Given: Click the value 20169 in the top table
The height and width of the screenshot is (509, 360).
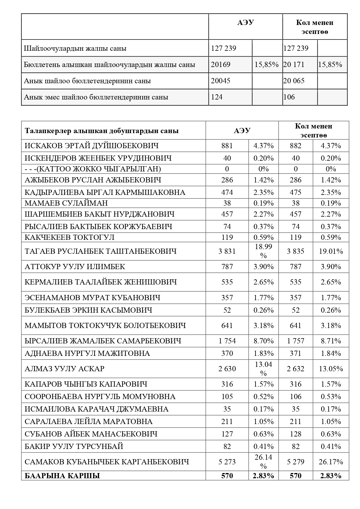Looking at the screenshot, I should [220, 64].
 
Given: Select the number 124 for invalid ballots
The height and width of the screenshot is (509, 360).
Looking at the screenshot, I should [217, 97].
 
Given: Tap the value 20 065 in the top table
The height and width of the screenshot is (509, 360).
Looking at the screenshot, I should [294, 81].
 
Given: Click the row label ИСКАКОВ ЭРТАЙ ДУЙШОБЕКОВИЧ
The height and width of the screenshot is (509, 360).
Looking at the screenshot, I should [92, 146].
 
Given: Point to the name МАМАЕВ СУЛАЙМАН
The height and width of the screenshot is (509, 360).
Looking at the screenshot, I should [66, 203].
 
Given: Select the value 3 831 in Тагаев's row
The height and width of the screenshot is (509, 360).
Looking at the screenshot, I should [227, 251].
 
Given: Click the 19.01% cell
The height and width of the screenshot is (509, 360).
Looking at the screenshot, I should [331, 251].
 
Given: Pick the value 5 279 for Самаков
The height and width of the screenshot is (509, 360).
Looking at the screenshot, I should [295, 462].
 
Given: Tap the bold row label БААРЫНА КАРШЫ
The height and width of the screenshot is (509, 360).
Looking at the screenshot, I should [62, 476].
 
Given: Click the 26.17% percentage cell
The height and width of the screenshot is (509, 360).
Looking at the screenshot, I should [331, 462].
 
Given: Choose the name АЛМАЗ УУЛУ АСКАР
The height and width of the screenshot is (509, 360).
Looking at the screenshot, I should [64, 369].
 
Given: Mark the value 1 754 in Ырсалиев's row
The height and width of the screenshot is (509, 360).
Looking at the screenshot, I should [227, 341].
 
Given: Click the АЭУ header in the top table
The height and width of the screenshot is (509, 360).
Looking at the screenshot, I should [245, 23].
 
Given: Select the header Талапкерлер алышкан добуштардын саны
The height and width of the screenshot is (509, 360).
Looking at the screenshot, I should [102, 131].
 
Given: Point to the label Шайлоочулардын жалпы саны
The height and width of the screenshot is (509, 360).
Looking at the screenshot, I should [75, 48].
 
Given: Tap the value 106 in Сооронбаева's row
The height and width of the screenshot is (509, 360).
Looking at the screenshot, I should [295, 396].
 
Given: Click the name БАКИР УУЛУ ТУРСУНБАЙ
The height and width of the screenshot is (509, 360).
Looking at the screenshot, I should [74, 446].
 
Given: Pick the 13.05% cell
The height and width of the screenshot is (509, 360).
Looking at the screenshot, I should [331, 369].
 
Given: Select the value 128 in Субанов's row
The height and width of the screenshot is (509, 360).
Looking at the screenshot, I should [295, 434].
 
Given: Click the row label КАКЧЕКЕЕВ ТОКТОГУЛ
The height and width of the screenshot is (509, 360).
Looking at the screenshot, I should [70, 237].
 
